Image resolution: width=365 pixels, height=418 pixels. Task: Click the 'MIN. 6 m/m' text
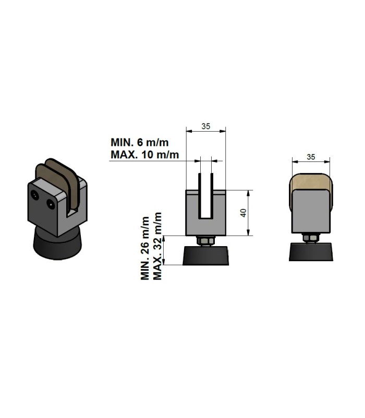click(139, 142)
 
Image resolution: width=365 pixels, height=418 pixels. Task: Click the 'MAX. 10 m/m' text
click(145, 155)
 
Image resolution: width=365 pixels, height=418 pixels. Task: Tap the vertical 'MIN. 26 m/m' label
click(145, 249)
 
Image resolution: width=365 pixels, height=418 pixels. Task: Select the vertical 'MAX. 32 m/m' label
click(157, 246)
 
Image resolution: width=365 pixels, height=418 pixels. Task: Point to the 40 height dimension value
click(244, 213)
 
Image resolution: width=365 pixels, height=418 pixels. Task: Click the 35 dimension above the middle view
click(205, 126)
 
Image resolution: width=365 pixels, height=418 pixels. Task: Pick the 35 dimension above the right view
click(311, 157)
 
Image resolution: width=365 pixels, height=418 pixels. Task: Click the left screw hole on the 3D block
click(35, 195)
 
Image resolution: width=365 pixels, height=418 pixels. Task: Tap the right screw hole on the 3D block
click(51, 204)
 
